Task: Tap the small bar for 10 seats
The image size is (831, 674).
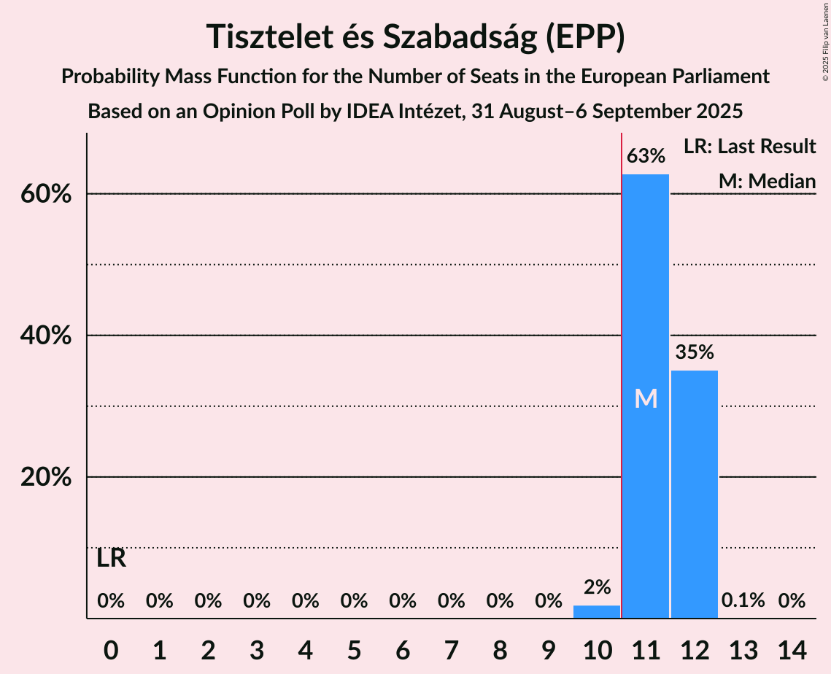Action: (596, 612)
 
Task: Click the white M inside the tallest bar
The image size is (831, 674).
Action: (646, 398)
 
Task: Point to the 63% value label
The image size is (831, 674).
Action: (646, 156)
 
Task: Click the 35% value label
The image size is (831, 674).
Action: (694, 353)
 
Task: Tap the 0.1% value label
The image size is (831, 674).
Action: (743, 601)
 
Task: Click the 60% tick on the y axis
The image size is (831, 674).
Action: (50, 195)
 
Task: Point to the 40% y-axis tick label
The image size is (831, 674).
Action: (50, 336)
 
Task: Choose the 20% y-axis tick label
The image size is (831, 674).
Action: (50, 478)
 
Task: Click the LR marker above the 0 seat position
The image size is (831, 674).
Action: (111, 559)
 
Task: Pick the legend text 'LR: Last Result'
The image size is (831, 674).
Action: (749, 147)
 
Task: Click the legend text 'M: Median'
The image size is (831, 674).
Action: (767, 182)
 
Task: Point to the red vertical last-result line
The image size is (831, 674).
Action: (622, 365)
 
